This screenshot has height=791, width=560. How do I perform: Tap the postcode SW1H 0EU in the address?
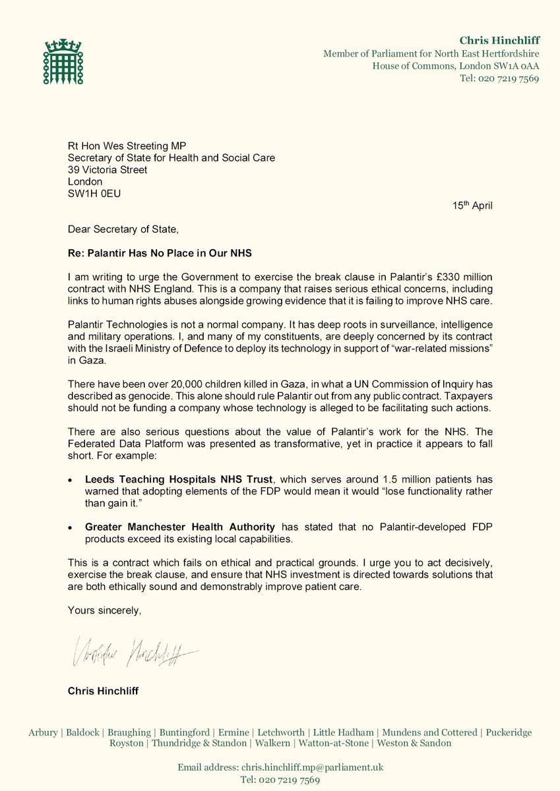tap(95, 193)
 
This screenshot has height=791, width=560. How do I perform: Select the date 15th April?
tap(472, 205)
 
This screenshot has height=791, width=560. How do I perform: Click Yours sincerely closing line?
tap(104, 611)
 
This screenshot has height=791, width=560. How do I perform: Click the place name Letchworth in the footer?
tap(282, 732)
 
